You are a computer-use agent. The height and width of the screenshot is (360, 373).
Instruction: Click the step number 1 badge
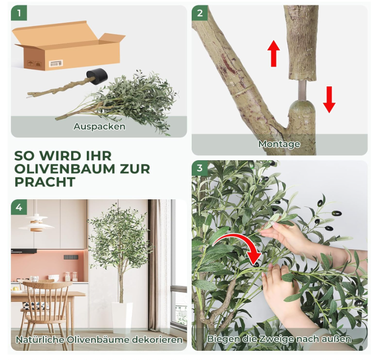19,13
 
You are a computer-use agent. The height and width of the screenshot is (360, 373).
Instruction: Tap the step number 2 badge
200,13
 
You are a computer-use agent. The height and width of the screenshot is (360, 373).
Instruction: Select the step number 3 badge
200,168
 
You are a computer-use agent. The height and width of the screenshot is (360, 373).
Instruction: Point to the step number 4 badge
19,207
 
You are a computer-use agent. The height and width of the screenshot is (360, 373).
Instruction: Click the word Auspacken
99,127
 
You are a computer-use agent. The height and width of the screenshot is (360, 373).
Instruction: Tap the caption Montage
279,144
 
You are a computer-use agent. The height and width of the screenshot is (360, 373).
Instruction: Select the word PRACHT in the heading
45,182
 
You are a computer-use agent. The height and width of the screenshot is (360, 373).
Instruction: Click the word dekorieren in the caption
157,339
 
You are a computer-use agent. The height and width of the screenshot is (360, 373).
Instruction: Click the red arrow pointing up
274,53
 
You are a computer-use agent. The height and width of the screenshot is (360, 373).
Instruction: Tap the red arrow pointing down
329,99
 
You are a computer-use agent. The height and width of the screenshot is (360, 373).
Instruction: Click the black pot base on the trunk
97,76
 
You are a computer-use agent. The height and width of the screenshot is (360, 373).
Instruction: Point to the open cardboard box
69,45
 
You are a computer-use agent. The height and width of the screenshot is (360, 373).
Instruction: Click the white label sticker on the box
56,64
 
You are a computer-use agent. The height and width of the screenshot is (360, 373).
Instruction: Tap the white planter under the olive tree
122,318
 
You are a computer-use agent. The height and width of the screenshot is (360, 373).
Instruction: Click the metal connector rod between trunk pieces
302,90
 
